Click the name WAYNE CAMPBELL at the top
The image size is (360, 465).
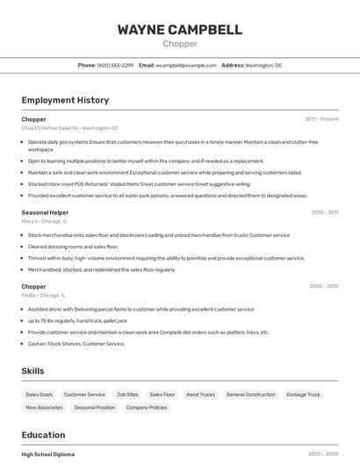click(x=180, y=30)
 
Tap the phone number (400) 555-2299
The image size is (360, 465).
click(x=115, y=66)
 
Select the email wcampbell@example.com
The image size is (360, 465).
click(x=186, y=66)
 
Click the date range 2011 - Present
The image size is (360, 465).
click(x=321, y=119)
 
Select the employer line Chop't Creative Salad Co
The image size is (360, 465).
click(x=70, y=128)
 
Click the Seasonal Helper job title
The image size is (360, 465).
click(x=45, y=211)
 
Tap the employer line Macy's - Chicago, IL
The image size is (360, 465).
click(x=45, y=221)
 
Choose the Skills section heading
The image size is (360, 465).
click(x=33, y=371)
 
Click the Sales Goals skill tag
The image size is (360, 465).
click(x=40, y=395)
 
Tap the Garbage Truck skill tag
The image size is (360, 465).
click(x=303, y=395)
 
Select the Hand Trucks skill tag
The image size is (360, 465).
click(x=200, y=395)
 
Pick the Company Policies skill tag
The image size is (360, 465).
click(x=146, y=408)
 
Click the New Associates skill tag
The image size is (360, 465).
click(x=44, y=408)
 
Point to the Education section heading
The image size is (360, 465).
click(x=43, y=435)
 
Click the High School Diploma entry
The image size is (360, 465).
click(x=48, y=454)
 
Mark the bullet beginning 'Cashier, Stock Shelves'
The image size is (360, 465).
click(x=76, y=344)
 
